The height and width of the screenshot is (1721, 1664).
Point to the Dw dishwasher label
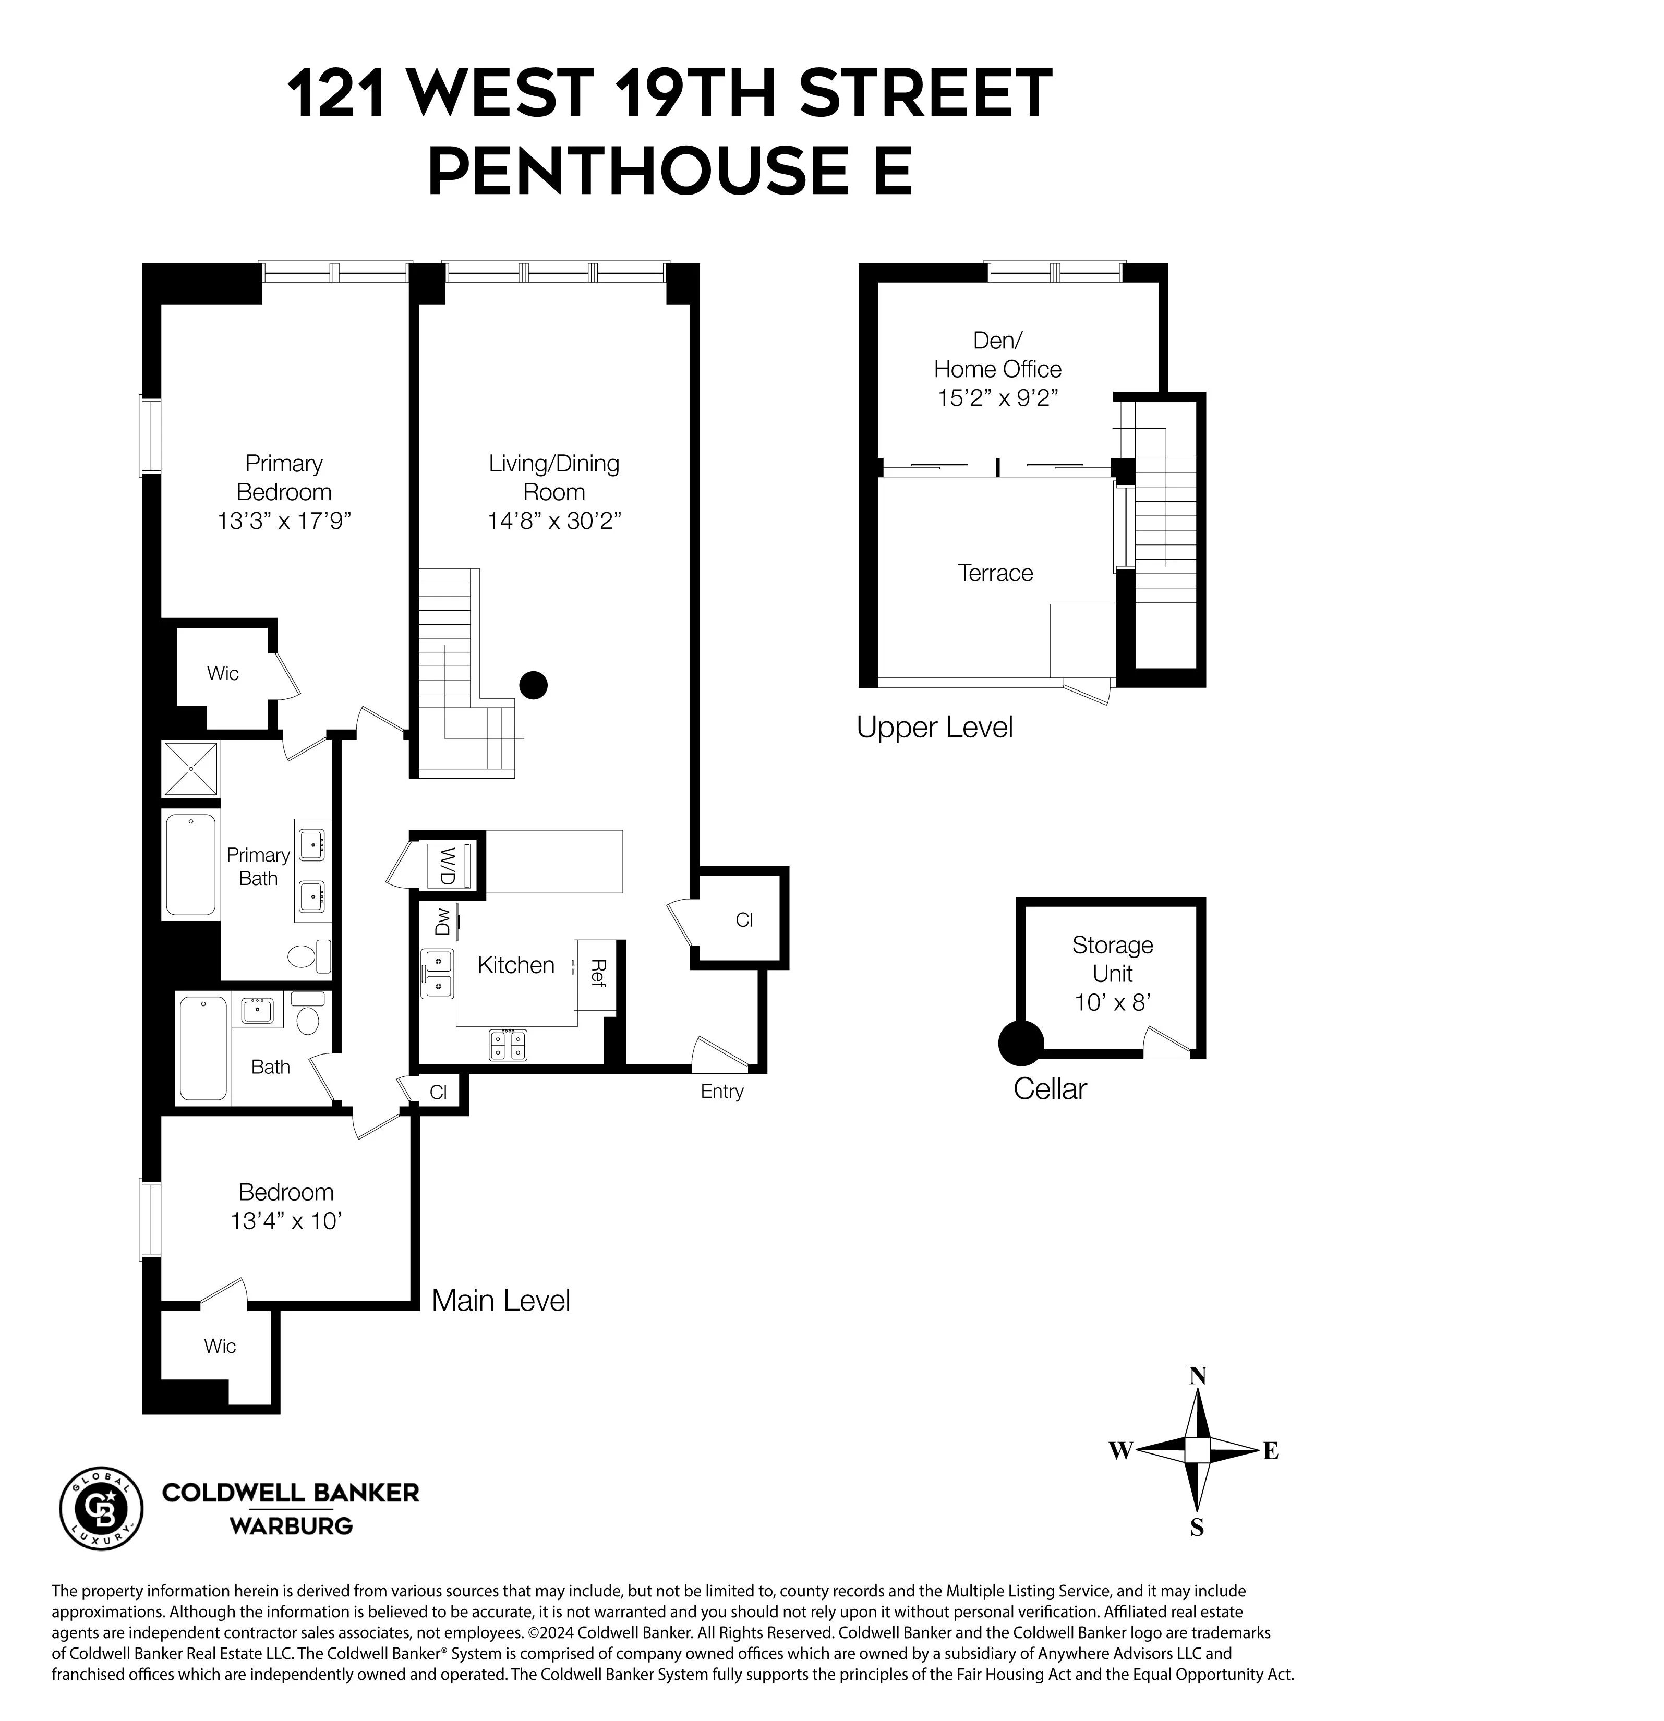click(442, 922)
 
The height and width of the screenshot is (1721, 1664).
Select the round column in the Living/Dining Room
click(533, 685)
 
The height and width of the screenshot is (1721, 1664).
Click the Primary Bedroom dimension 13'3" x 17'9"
click(284, 520)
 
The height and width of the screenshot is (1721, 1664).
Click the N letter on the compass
click(1197, 1376)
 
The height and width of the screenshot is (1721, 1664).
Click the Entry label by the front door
click(722, 1092)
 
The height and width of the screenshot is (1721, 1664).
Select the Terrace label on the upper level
click(995, 573)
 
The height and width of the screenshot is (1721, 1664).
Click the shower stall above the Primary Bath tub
click(190, 769)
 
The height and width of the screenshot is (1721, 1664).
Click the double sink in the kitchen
click(437, 974)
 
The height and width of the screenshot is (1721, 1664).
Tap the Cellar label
click(1050, 1089)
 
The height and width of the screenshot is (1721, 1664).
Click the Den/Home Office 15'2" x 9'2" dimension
click(997, 398)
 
